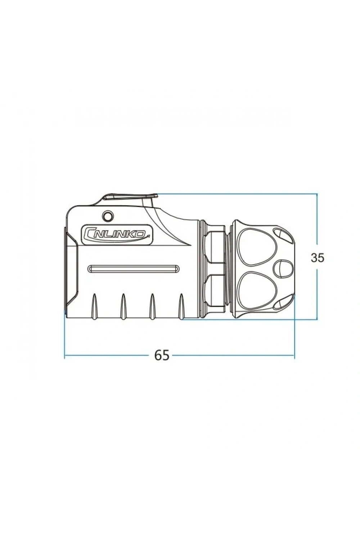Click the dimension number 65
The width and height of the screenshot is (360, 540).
click(x=162, y=355)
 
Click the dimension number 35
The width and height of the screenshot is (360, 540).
click(x=317, y=258)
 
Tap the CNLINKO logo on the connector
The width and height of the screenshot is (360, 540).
click(x=117, y=234)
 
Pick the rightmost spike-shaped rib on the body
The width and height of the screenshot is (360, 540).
click(x=181, y=306)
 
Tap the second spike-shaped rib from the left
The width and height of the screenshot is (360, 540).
click(x=123, y=306)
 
